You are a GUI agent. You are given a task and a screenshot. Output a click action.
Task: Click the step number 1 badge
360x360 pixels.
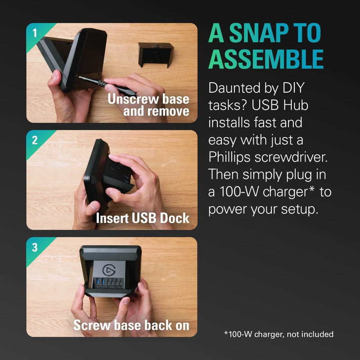coord(35,33)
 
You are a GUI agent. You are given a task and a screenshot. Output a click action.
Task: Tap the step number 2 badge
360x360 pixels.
coord(35,140)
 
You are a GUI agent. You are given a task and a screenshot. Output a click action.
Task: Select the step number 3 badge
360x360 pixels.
coord(35,247)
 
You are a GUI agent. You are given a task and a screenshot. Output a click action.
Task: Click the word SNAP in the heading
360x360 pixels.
coord(257,33)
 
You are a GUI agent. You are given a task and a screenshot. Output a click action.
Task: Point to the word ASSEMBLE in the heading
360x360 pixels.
coord(266,59)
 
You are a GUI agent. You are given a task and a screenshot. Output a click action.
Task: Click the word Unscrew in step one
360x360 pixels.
coord(134,99)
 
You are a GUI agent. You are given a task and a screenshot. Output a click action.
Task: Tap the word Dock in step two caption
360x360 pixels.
coord(175,218)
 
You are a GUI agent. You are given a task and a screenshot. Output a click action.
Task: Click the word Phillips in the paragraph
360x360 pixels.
coord(229,157)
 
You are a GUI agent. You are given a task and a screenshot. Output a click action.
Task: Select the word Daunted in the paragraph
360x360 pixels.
coord(234,88)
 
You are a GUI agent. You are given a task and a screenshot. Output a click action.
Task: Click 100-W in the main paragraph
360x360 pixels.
coord(239,192)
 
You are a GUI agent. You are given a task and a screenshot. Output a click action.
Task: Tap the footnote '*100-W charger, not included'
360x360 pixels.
coord(279,334)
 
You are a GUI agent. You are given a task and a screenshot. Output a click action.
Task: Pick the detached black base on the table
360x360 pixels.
coord(156,55)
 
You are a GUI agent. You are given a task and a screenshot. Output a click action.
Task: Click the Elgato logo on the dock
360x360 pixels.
coord(109,270)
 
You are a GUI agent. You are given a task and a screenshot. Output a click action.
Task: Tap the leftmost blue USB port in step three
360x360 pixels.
coord(98,282)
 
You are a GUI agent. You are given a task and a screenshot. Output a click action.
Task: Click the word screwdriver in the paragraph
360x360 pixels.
coord(291,157)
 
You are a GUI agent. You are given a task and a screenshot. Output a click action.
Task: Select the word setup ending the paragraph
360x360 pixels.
coord(300,210)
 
